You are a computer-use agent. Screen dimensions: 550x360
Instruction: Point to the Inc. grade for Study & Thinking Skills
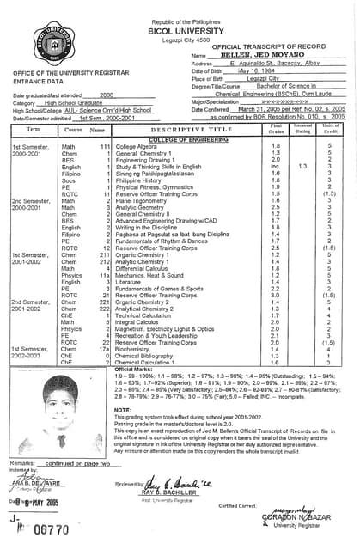tap(274, 167)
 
